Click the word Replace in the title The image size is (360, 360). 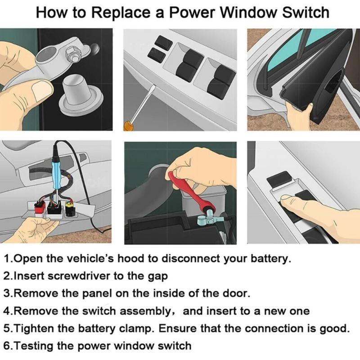tap(122, 13)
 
